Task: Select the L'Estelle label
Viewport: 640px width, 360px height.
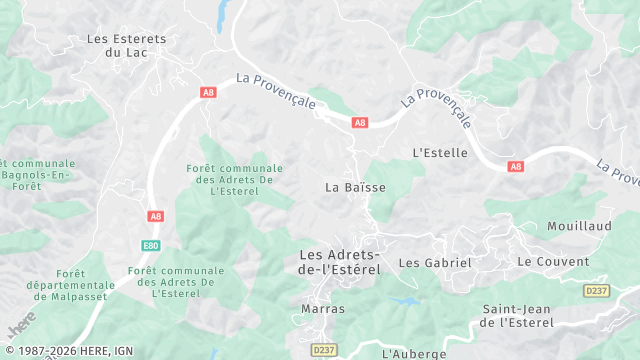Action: click(x=440, y=153)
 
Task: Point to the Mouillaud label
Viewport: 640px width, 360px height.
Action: click(x=579, y=227)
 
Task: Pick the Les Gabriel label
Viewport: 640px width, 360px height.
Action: click(x=434, y=263)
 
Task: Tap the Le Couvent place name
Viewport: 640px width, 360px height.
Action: click(x=553, y=262)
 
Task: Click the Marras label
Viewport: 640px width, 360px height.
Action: click(x=323, y=309)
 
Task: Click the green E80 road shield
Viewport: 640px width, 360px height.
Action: click(x=150, y=245)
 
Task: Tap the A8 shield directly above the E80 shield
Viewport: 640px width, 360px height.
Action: click(x=155, y=216)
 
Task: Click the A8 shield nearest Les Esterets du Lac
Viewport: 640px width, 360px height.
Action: click(x=208, y=92)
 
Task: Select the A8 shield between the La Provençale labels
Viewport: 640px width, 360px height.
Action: click(x=360, y=123)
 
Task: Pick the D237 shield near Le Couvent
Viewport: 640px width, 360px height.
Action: click(x=596, y=291)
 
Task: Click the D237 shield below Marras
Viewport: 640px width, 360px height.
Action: click(x=322, y=350)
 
